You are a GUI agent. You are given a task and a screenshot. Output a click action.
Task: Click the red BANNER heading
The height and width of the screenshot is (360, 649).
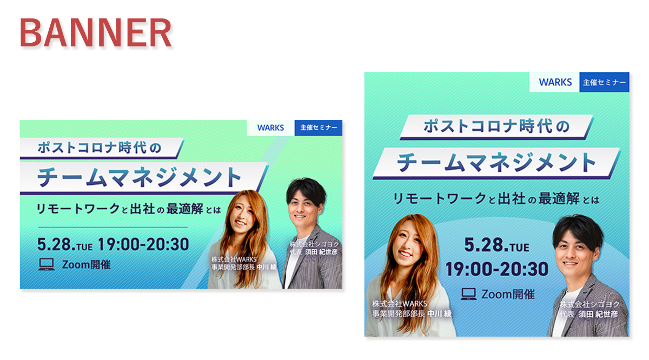[x=96, y=32]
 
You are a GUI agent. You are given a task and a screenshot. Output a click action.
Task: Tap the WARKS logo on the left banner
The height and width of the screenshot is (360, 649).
[x=270, y=128]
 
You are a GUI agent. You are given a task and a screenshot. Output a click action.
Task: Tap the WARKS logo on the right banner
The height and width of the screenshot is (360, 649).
[x=555, y=82]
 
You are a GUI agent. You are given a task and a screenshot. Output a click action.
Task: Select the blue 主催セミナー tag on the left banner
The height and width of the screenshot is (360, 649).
[x=319, y=128]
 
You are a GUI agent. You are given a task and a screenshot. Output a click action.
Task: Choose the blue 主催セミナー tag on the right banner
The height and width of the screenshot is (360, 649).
[x=605, y=82]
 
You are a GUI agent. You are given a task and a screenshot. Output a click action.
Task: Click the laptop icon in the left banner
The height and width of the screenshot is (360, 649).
[x=47, y=264]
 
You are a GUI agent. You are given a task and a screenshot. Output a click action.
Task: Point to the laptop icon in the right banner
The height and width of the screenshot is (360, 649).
[x=468, y=294]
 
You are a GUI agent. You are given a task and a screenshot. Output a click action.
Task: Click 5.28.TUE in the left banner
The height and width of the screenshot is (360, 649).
[x=65, y=245]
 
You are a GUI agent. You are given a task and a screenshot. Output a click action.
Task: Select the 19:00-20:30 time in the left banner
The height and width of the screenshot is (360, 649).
[x=143, y=244]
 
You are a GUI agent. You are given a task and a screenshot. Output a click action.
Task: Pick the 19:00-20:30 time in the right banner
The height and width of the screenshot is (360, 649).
[x=496, y=269]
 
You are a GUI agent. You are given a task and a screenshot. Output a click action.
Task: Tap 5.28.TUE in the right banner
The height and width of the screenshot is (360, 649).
[x=496, y=245]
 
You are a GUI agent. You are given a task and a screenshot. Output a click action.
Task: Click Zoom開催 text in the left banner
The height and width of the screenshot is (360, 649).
[x=87, y=265]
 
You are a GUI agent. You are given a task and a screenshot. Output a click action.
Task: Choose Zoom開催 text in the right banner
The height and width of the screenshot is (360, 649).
[x=508, y=295]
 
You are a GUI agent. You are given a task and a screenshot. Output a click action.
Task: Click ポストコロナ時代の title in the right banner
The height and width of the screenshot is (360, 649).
[x=496, y=126]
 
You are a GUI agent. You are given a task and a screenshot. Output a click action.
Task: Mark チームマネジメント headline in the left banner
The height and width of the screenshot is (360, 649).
[x=139, y=177]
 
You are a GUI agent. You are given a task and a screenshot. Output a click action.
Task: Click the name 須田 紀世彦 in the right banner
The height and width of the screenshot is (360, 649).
[x=598, y=314]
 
